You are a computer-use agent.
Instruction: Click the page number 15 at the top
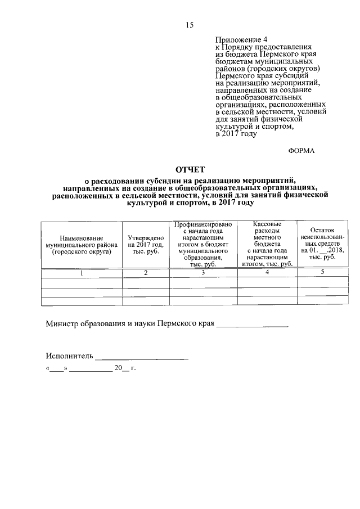coord(190,25)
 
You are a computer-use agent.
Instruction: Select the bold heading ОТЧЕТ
coord(190,169)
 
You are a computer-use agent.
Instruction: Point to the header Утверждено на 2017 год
coord(146,245)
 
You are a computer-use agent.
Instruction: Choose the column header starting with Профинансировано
coord(203,245)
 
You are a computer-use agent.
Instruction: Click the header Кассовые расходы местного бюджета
coord(267,245)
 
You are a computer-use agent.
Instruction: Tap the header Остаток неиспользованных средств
coord(322,245)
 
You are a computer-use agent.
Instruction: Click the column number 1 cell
coord(82,273)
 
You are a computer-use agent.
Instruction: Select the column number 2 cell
coord(146,273)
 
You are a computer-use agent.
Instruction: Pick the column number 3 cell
coord(203,273)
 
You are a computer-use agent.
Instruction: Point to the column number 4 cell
coord(267,273)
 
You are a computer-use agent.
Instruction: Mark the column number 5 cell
coord(322,273)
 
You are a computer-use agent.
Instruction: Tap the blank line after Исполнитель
coord(142,358)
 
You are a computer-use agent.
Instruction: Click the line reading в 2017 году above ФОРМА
coord(236,134)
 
